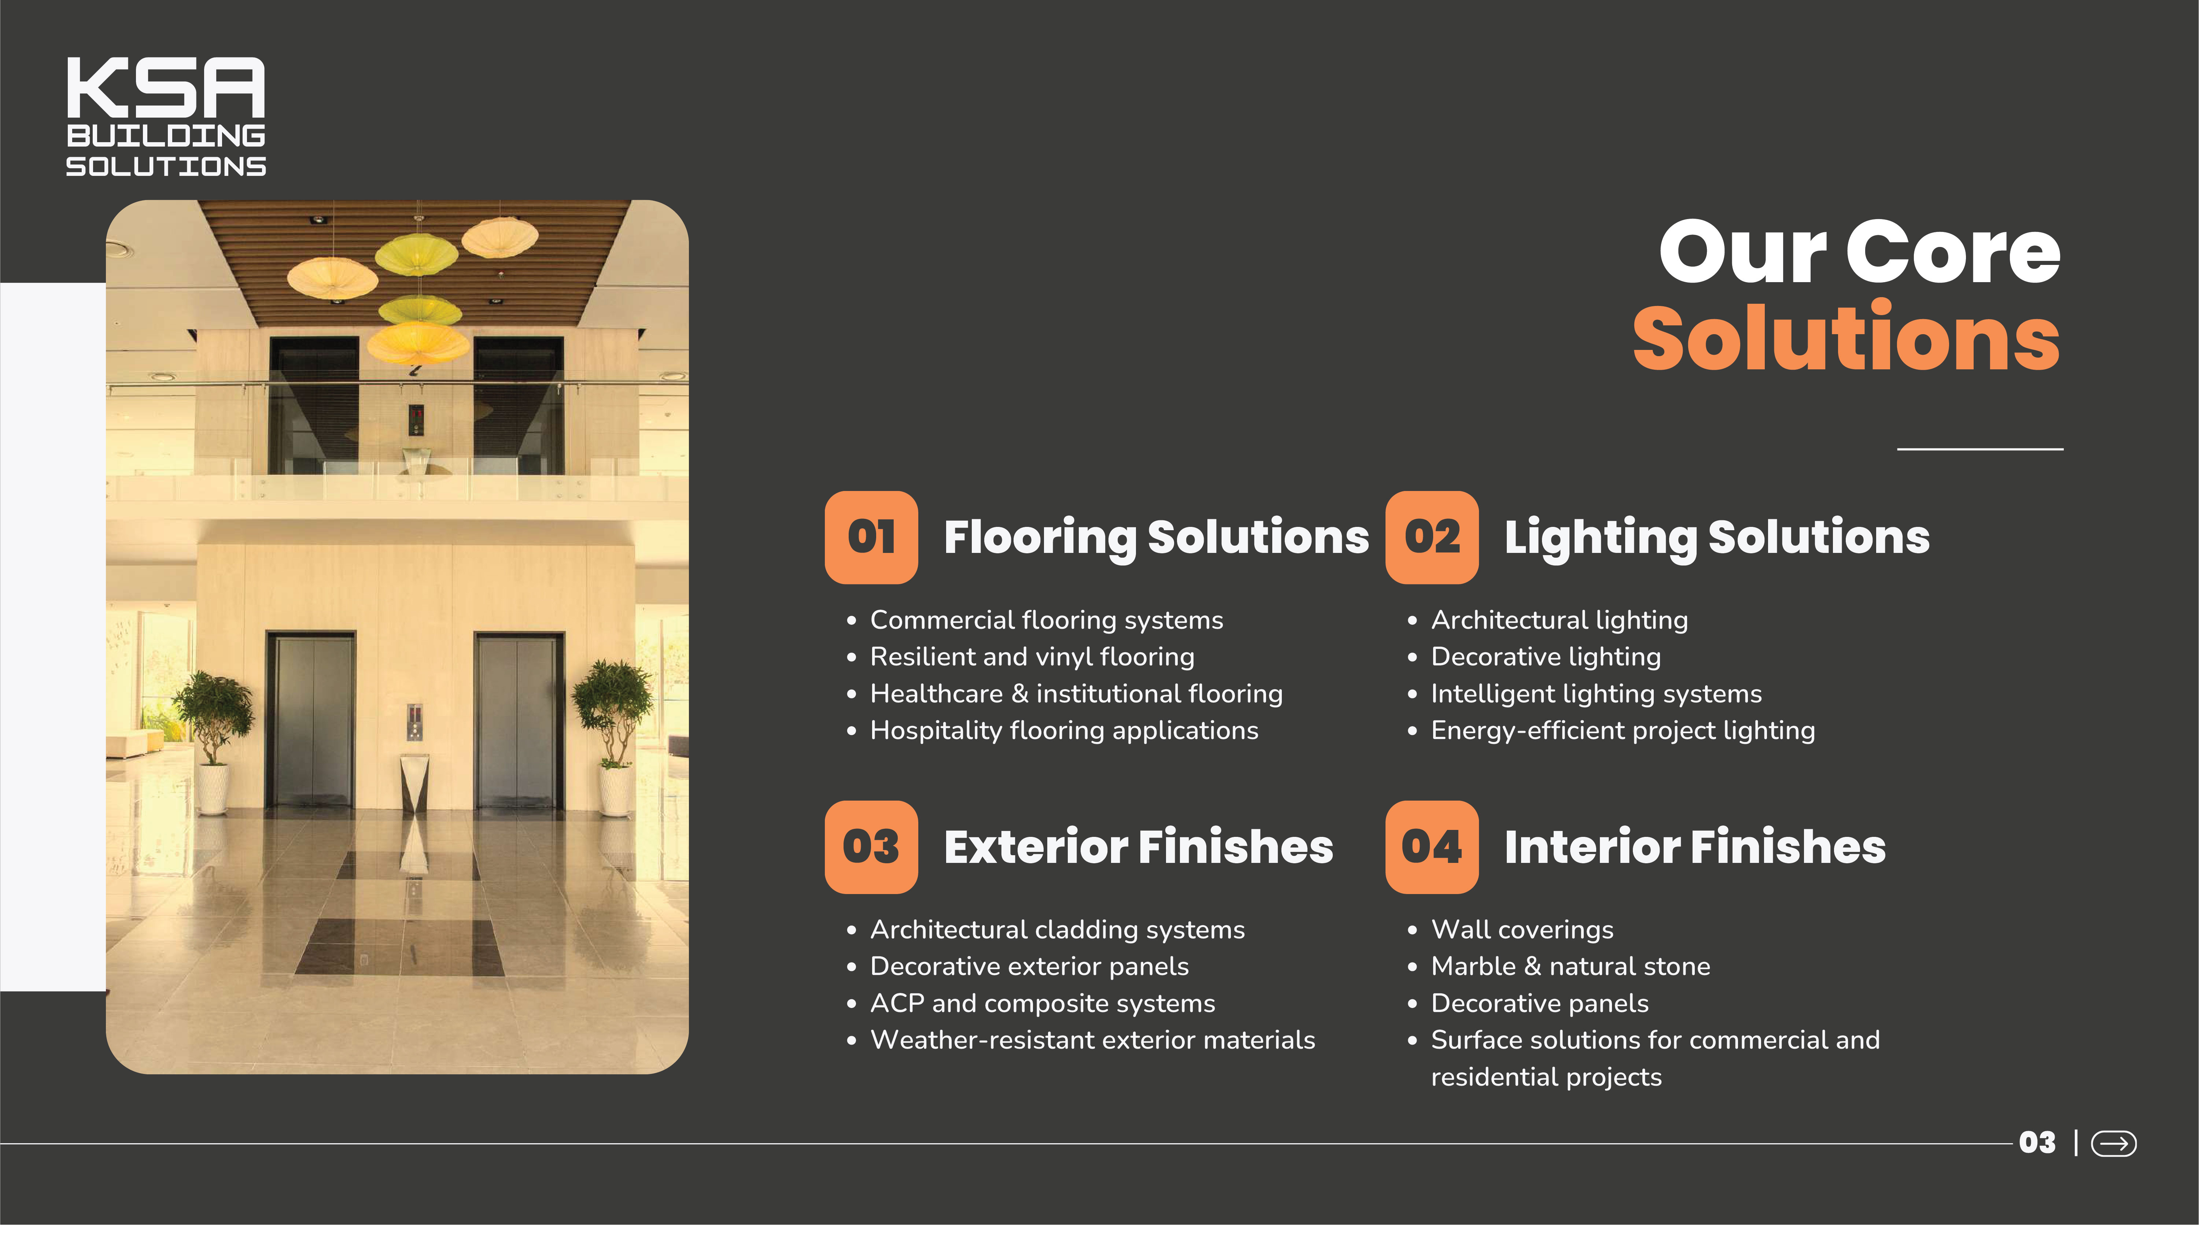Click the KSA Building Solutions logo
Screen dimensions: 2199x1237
point(166,117)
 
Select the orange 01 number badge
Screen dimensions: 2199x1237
point(871,538)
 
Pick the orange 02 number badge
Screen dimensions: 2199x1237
point(1432,538)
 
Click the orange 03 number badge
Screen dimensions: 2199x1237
point(871,848)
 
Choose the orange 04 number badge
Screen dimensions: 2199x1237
point(1432,848)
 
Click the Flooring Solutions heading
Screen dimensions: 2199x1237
point(1156,538)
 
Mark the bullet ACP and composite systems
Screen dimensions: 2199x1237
point(1042,1004)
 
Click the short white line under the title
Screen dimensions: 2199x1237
point(1980,449)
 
